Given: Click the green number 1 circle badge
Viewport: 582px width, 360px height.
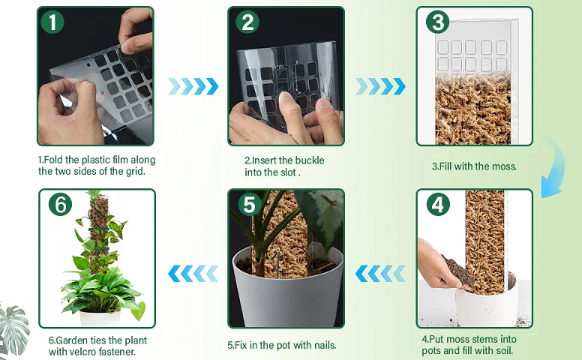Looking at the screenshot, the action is [52, 22].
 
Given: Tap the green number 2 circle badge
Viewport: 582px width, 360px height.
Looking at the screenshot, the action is [247, 22].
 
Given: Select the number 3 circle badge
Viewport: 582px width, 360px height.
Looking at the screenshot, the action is [437, 22].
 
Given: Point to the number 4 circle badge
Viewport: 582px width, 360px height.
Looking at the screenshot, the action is [438, 204].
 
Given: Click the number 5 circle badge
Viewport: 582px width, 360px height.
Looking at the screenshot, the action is [250, 204].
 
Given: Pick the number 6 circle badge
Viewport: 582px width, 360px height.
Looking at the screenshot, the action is [60, 204].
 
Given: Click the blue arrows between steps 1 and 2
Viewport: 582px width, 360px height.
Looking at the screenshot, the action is [193, 86].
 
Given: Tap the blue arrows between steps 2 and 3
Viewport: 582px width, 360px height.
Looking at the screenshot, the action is [380, 86].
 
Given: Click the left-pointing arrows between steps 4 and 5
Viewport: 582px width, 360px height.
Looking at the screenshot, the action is [380, 274].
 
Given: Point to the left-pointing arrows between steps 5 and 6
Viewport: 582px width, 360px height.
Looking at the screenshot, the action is [193, 274].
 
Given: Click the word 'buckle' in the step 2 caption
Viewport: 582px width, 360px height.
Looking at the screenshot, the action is [310, 160].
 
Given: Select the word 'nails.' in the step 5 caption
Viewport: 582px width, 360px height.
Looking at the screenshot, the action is [325, 345].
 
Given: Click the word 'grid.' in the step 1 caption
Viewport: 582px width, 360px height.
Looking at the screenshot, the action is [135, 172].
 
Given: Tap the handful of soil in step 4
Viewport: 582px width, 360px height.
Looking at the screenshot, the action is [458, 271].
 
